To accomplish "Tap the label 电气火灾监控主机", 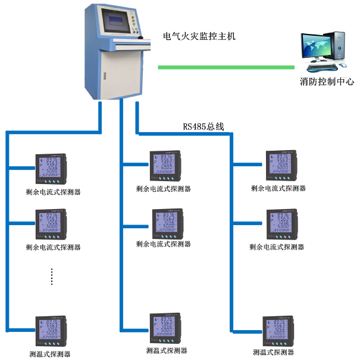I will tap(199, 36).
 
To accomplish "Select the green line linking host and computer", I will tap(226, 67).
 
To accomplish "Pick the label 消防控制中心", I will tap(327, 82).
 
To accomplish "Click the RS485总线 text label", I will tap(203, 126).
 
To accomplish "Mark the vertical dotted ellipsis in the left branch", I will tap(52, 276).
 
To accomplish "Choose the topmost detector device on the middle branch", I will tap(165, 167).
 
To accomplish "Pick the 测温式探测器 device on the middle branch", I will tap(165, 329).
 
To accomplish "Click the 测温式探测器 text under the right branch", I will tap(274, 353).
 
